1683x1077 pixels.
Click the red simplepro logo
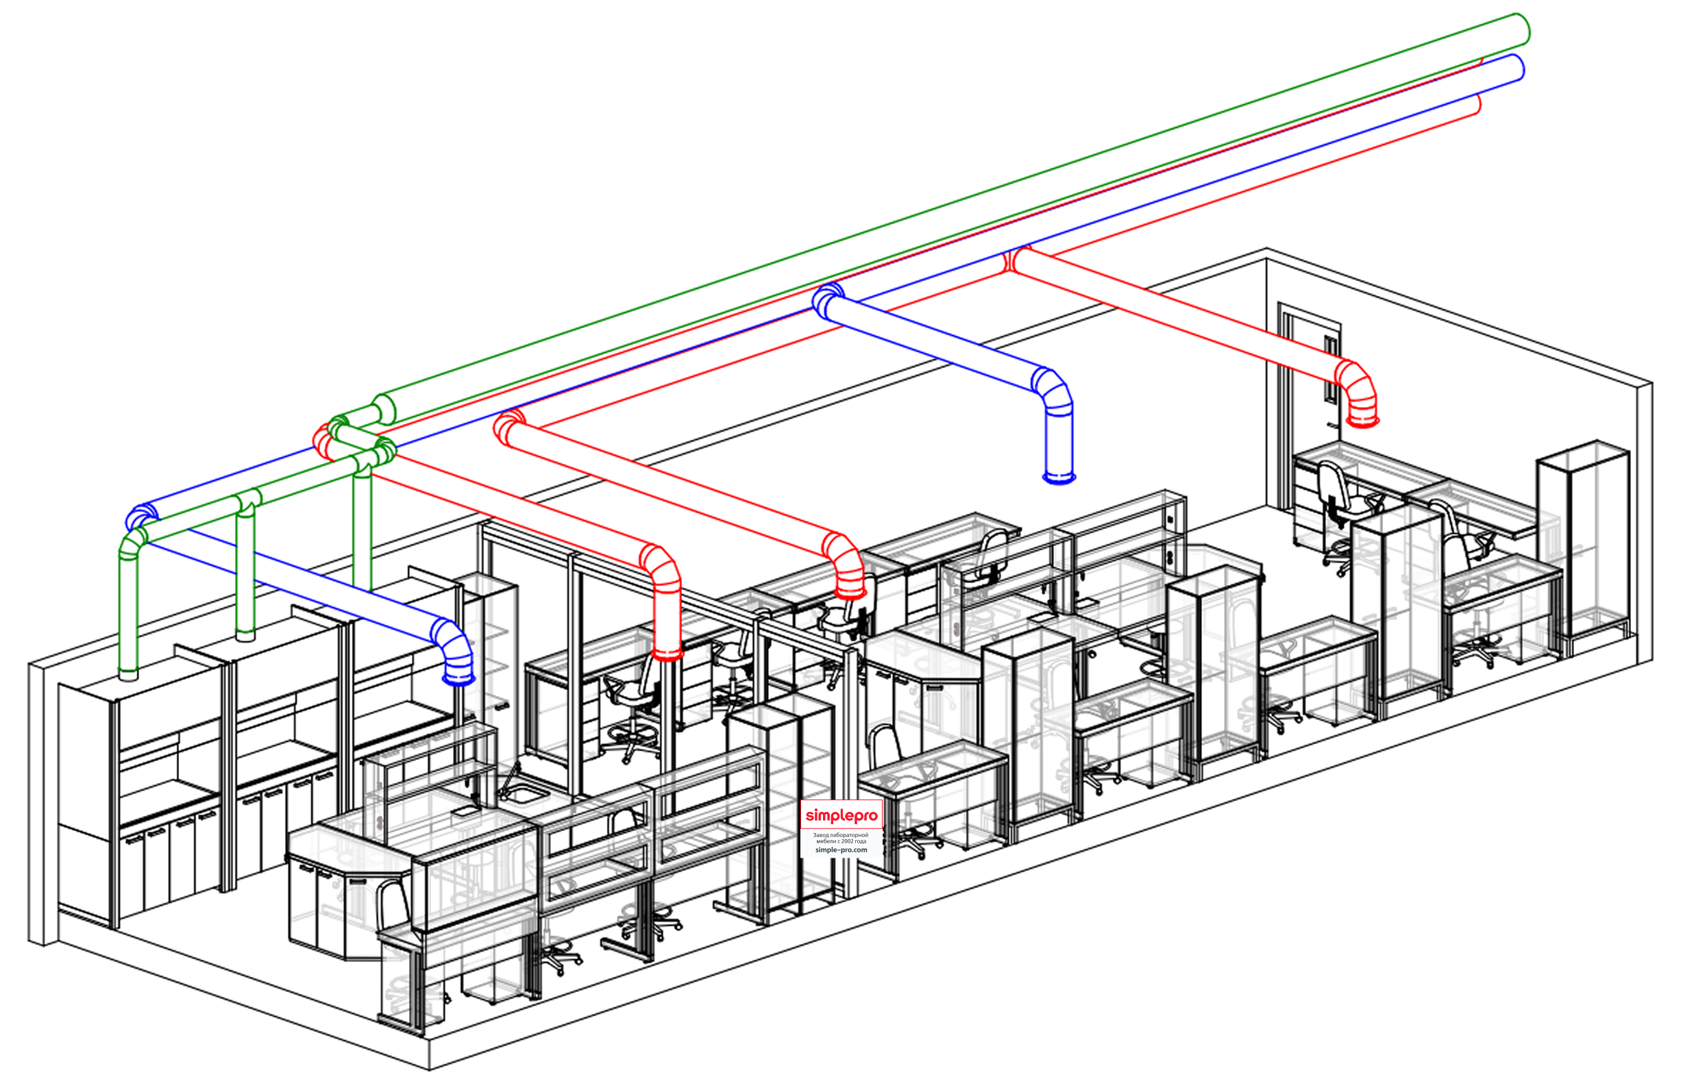point(841,815)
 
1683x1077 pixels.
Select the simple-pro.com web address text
point(841,850)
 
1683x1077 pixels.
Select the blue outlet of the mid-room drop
point(1058,478)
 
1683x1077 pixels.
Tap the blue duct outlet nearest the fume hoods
point(459,678)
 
